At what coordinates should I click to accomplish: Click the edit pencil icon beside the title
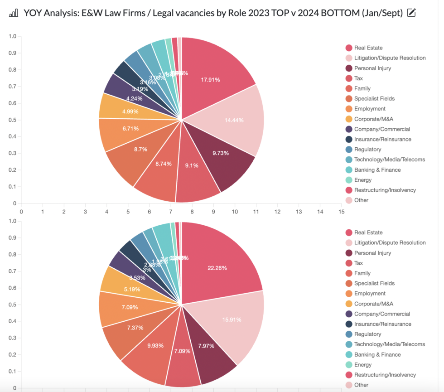411,13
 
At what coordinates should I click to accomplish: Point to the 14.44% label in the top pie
235,120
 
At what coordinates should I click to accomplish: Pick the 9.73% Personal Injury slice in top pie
221,153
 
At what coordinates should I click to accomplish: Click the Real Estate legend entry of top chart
368,48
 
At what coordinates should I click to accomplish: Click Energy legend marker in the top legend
349,180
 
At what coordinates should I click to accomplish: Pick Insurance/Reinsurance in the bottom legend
382,324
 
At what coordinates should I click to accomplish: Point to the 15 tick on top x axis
341,212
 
